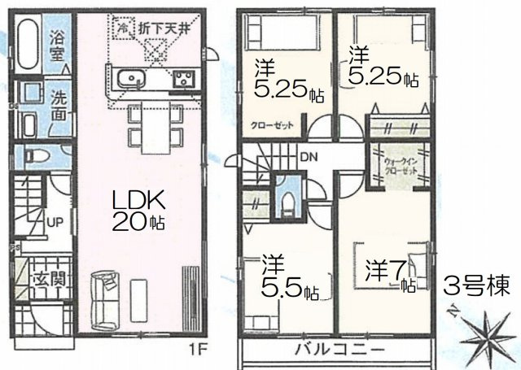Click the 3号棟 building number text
[x=476, y=286]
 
